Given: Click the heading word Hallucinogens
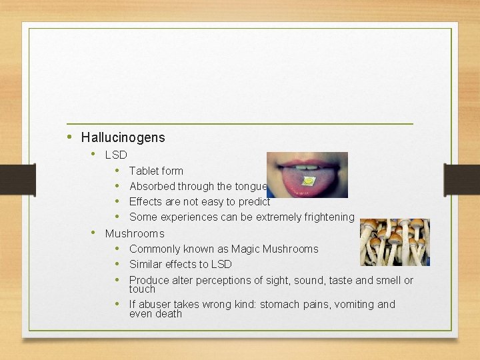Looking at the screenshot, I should [123, 138].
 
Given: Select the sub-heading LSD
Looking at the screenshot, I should [116, 155].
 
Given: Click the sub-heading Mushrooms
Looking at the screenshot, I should [135, 234].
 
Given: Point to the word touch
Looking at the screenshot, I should [142, 290].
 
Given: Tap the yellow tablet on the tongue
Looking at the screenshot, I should [309, 181].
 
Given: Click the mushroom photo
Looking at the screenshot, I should [395, 242].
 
